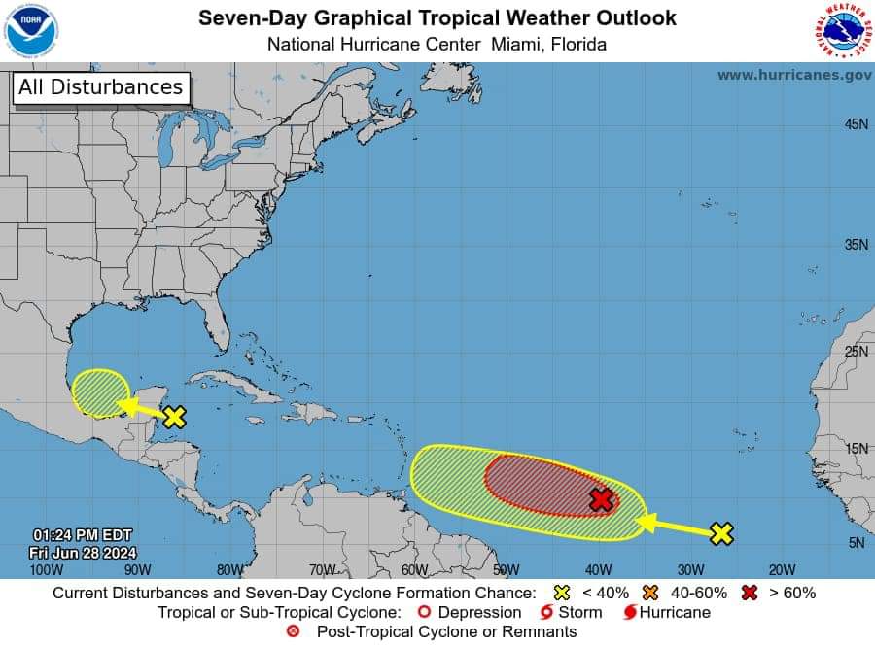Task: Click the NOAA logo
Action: click(31, 31)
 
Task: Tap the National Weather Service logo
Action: click(842, 32)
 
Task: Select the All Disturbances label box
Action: click(101, 87)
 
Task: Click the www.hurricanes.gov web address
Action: click(794, 75)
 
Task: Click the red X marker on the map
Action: click(602, 500)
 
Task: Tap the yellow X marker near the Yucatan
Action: click(174, 417)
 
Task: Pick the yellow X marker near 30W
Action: click(720, 532)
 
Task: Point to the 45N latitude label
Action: click(856, 124)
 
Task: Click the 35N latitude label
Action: click(856, 245)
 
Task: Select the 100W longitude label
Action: click(40, 570)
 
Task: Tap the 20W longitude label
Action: click(782, 570)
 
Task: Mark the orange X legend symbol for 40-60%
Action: click(648, 593)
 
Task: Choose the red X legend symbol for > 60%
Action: click(750, 593)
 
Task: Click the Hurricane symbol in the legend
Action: click(630, 613)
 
